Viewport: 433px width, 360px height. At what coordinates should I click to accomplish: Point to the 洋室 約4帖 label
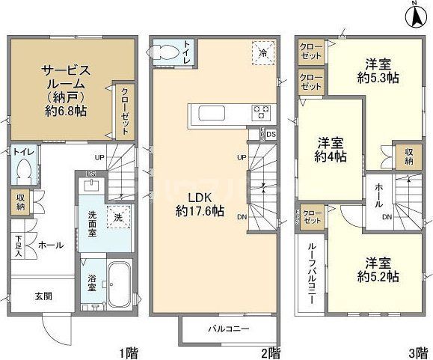point(331,150)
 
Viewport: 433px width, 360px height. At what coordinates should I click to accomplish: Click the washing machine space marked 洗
point(117,217)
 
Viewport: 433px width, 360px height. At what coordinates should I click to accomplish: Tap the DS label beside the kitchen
point(270,135)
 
